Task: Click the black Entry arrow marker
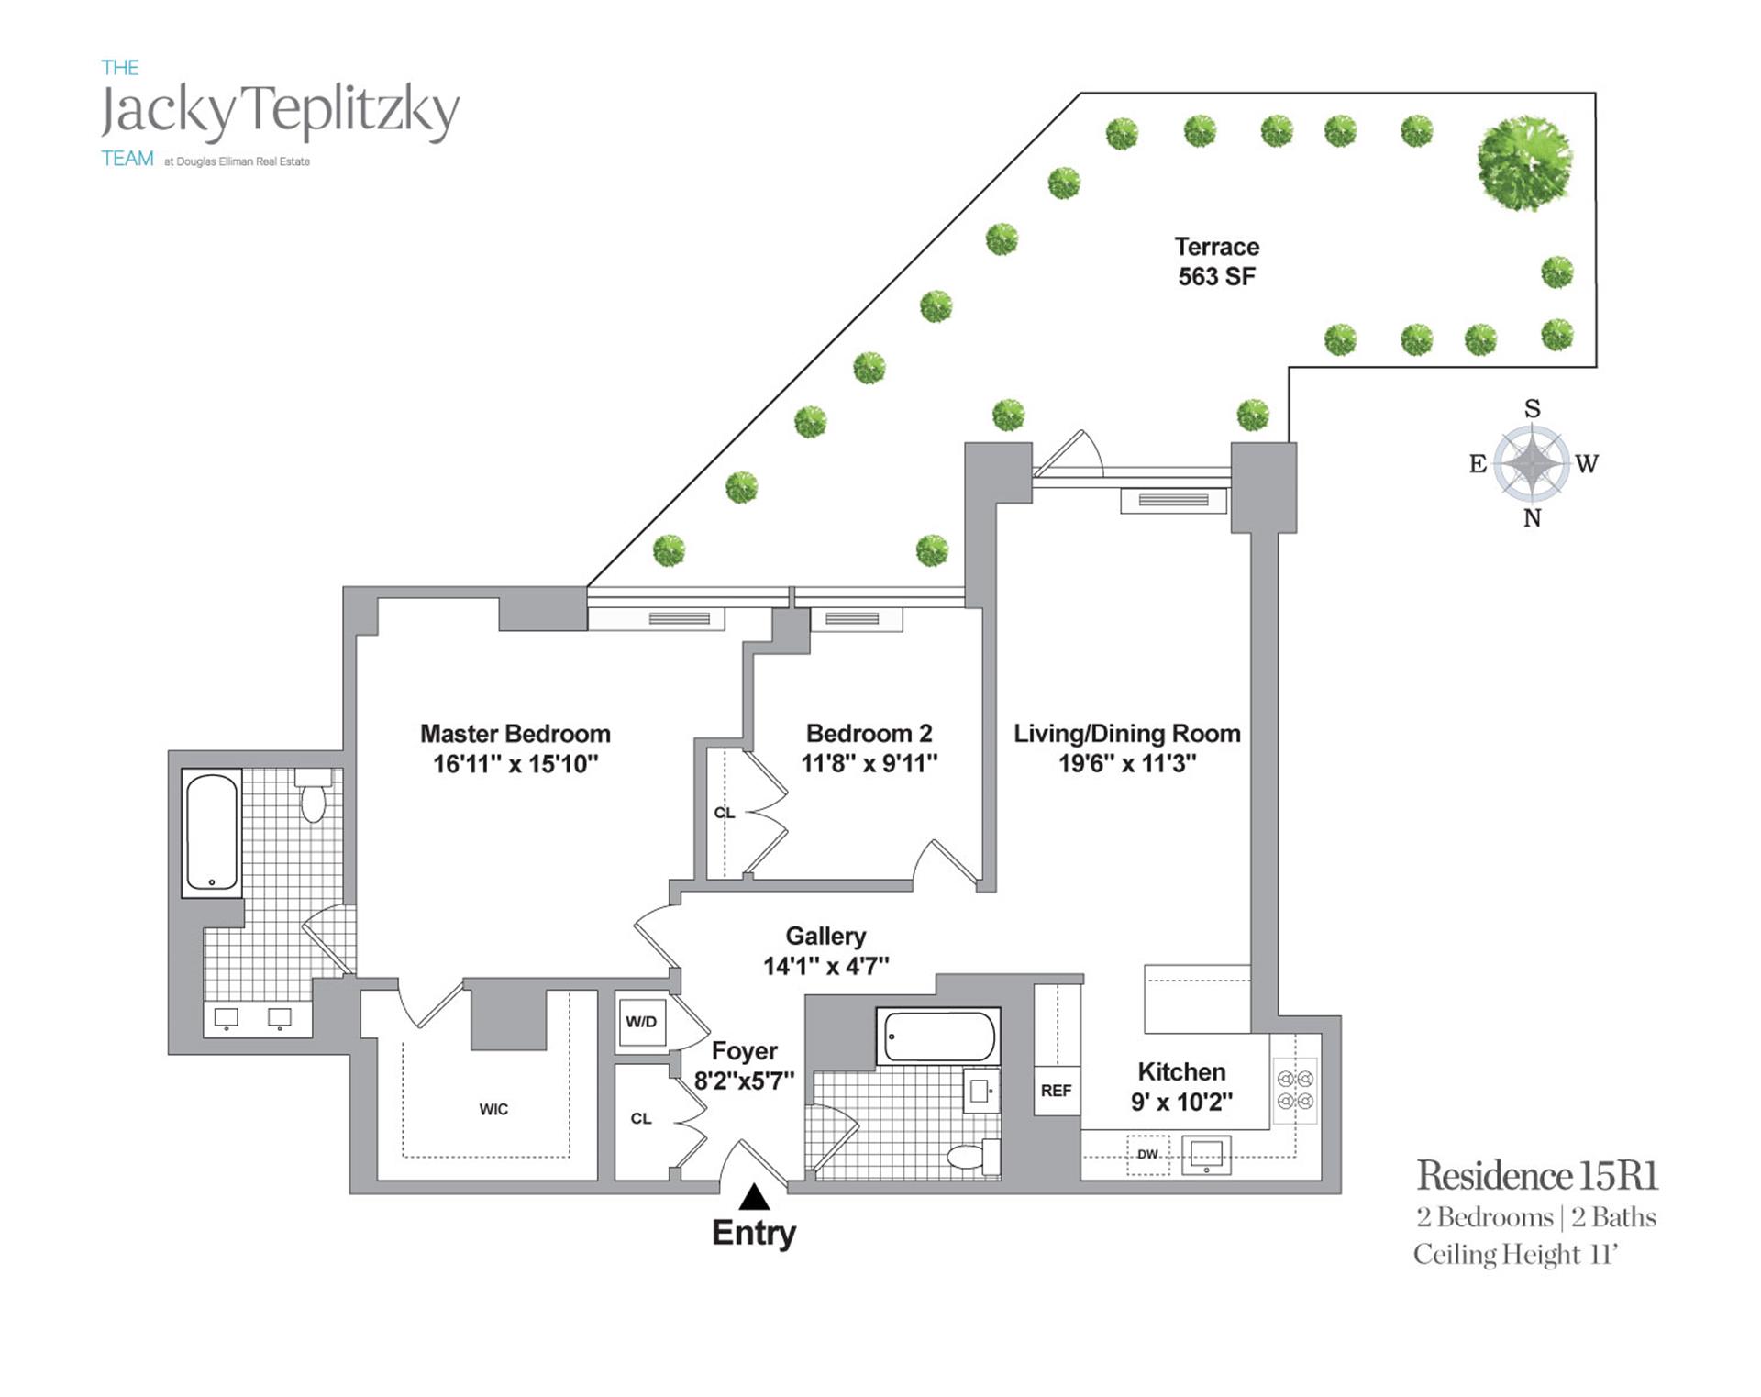point(754,1197)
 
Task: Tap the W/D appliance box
point(641,1022)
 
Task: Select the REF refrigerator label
point(1056,1091)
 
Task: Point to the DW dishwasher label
point(1147,1154)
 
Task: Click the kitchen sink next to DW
point(1205,1155)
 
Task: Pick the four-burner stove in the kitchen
point(1295,1090)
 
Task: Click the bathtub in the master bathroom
point(212,833)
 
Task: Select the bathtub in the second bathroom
point(938,1037)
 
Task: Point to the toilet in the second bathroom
point(972,1156)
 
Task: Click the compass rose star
point(1531,463)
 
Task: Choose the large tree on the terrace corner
point(1523,162)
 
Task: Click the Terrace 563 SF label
point(1216,261)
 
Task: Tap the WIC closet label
point(493,1109)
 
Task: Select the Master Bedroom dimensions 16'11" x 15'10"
point(515,763)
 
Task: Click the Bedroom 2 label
point(869,733)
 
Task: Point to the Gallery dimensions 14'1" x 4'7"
point(825,965)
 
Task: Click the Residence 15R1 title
point(1537,1175)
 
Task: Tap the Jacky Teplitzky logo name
point(280,112)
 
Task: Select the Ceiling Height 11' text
point(1514,1254)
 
